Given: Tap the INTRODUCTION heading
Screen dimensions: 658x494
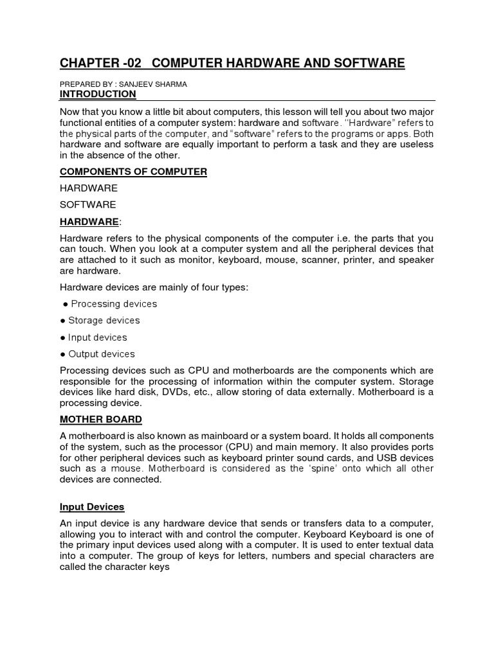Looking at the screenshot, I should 98,94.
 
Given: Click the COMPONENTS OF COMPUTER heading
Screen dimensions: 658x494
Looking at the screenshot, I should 133,172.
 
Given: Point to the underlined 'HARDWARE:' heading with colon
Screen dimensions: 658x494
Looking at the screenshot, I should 90,222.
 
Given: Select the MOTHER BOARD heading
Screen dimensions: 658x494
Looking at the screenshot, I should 101,420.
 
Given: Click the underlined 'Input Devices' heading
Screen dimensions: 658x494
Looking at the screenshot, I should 92,507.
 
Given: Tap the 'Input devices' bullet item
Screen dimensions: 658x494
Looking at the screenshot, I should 98,337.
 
